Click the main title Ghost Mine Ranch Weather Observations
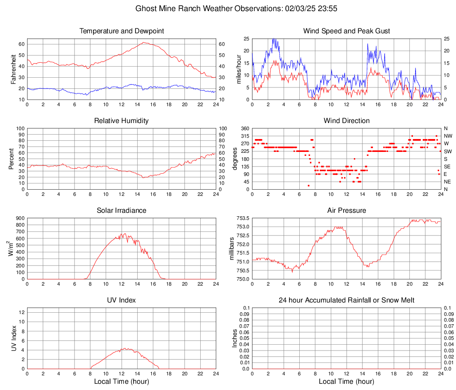[227, 8]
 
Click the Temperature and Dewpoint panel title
[122, 31]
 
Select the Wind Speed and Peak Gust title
[346, 31]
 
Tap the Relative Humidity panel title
[122, 121]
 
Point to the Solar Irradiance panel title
[122, 211]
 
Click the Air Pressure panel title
[346, 211]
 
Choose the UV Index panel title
[122, 300]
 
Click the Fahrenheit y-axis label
[13, 69]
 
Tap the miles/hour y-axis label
[238, 69]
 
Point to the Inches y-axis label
[235, 338]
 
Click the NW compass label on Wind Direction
[448, 136]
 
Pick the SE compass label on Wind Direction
[448, 167]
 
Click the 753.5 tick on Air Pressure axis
[241, 218]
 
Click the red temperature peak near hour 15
[144, 43]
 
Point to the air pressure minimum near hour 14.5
[367, 267]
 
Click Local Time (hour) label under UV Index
[122, 382]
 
